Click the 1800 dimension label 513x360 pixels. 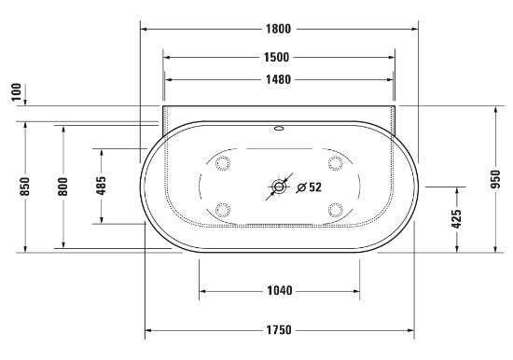click(278, 29)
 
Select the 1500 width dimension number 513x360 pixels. click(277, 57)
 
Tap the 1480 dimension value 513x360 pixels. click(278, 79)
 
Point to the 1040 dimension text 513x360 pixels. click(280, 291)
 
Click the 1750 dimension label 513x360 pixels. click(278, 330)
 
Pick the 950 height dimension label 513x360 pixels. click(496, 179)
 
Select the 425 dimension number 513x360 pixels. click(457, 219)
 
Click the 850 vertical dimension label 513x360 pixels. click(25, 187)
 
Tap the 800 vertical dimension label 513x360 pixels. click(63, 187)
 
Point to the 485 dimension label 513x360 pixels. click(102, 186)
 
